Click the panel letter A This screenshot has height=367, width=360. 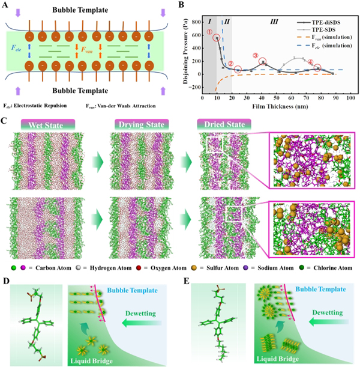(5, 5)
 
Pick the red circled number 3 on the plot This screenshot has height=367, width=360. (256, 57)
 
